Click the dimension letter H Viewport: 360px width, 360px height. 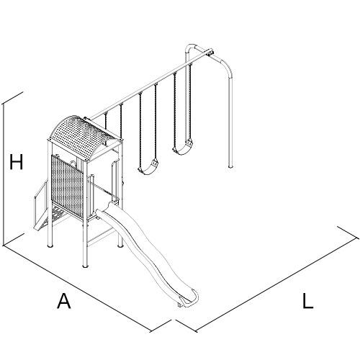pyautogui.click(x=17, y=162)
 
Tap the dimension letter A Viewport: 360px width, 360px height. pyautogui.click(x=64, y=300)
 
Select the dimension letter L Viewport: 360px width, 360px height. pyautogui.click(x=307, y=300)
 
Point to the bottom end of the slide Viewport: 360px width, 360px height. pyautogui.click(x=189, y=300)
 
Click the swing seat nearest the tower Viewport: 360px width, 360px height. pyautogui.click(x=148, y=168)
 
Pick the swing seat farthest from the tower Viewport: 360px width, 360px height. pyautogui.click(x=182, y=149)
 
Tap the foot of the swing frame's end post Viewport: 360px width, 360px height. pyautogui.click(x=230, y=166)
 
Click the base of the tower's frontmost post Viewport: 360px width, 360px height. pyautogui.click(x=85, y=265)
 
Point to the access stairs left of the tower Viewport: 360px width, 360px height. pyautogui.click(x=42, y=207)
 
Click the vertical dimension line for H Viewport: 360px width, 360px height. pyautogui.click(x=3, y=175)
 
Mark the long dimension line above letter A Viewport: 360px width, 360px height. pyautogui.click(x=77, y=289)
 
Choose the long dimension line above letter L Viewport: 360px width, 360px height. pyautogui.click(x=276, y=285)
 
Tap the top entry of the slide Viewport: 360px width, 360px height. pyautogui.click(x=106, y=210)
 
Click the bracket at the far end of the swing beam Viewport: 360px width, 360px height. pyautogui.click(x=210, y=53)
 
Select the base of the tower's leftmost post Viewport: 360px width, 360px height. pyautogui.click(x=50, y=246)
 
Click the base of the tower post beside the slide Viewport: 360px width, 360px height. pyautogui.click(x=120, y=246)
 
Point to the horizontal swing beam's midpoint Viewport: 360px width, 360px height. pyautogui.click(x=149, y=86)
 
